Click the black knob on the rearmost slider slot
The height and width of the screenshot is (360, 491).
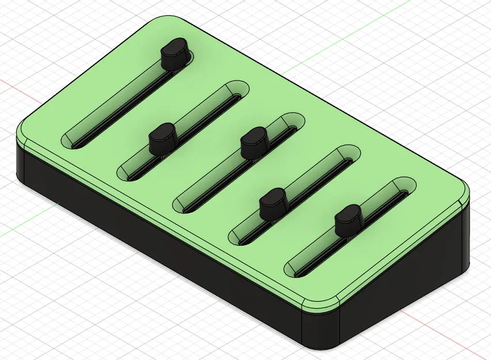(175, 54)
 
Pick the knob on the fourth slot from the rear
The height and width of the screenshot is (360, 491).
(273, 203)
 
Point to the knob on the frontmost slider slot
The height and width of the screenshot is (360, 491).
(348, 218)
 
